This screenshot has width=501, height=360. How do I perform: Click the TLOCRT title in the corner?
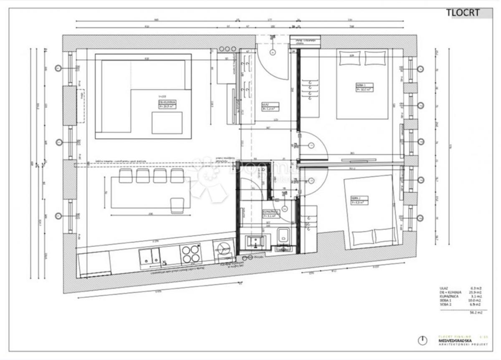tap(463, 13)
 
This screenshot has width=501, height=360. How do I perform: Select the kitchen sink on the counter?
tap(149, 256)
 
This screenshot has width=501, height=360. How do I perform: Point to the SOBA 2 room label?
tap(357, 200)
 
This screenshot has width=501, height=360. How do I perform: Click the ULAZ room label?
tap(269, 106)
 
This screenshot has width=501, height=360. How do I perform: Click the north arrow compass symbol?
tap(423, 340)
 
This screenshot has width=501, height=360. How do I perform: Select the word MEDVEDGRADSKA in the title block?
tap(455, 341)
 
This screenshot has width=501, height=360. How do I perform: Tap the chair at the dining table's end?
tap(177, 205)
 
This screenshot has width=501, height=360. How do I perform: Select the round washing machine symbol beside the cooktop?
tap(223, 251)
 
